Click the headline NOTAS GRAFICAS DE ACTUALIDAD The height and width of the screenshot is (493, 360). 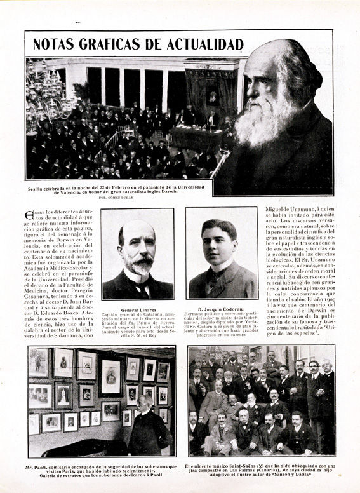click(138, 44)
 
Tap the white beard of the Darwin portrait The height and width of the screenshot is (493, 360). click(260, 124)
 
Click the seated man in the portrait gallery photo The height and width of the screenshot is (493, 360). click(148, 426)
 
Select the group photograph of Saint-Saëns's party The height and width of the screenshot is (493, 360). click(262, 400)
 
